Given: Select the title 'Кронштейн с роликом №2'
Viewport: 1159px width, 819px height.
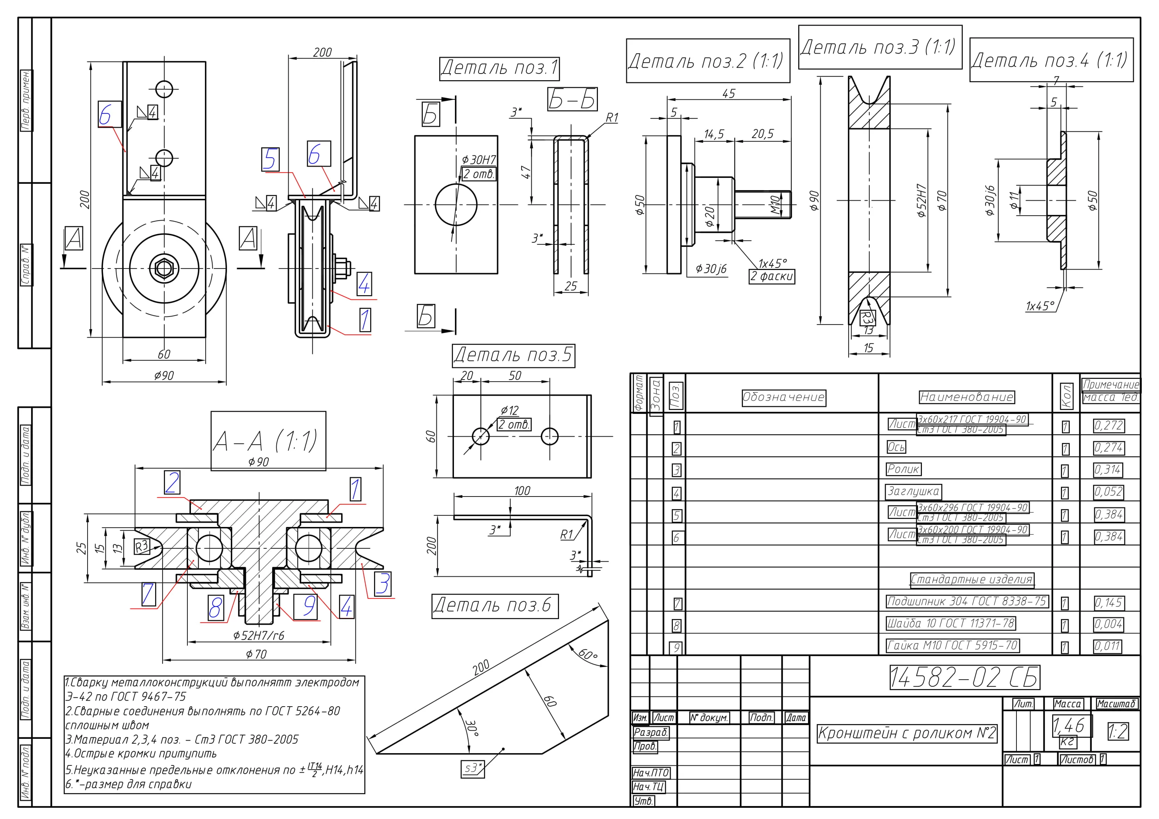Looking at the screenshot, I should pos(906,733).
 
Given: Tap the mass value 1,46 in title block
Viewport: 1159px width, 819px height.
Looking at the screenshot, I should pos(1068,726).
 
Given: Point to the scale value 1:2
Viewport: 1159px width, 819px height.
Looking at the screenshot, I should pos(1118,731).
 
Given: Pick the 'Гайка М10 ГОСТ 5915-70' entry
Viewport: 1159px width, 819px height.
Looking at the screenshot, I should pos(952,645).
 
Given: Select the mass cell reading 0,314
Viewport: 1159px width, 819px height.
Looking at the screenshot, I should pos(1108,470).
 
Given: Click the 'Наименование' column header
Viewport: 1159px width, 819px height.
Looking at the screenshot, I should pos(966,397).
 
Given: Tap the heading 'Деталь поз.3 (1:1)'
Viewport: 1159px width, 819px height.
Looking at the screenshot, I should pos(879,47).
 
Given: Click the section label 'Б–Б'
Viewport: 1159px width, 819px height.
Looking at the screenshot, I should pos(572,99).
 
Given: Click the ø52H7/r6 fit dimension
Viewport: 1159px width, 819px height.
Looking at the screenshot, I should pos(258,635).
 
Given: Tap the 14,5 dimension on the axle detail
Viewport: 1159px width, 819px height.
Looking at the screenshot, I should pos(714,134).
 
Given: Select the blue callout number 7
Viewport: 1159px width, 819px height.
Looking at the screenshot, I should pos(148,594).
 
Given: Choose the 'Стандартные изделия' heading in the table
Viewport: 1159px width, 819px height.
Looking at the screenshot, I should pos(971,579).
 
